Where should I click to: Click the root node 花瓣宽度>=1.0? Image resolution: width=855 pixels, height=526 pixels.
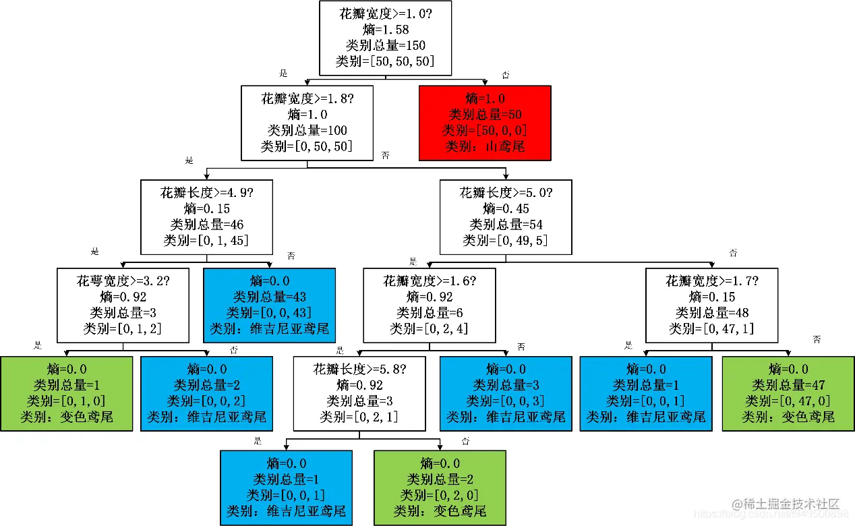coord(385,38)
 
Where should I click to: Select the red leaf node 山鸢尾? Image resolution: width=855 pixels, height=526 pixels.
coord(485,122)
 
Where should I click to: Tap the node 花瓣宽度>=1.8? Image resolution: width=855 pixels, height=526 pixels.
coord(307,122)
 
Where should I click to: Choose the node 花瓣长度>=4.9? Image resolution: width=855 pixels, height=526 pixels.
coord(206,216)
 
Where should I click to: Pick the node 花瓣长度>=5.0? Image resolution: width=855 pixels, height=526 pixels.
coord(506,216)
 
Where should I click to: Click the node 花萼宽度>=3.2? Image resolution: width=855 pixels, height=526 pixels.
coord(123,305)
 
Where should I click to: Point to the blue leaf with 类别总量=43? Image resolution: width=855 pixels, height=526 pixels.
coord(269,305)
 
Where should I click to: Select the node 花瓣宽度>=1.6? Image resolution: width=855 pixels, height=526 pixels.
coord(429,305)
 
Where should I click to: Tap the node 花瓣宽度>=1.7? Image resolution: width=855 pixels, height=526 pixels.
coord(711,305)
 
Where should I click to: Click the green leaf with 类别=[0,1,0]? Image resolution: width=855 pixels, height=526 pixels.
coord(66,393)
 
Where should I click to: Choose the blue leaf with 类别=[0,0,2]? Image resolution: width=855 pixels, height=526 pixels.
coord(206,393)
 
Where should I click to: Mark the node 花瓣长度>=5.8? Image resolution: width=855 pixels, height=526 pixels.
coord(359,393)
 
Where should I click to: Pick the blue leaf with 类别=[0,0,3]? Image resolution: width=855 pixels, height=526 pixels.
coord(506,393)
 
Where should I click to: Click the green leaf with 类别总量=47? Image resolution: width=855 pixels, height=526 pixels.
coord(788,393)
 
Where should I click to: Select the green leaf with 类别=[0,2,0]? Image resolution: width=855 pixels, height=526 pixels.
coord(440,488)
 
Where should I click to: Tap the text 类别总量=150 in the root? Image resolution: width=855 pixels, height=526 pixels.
coord(385,46)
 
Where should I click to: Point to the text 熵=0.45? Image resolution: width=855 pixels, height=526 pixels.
coord(506,208)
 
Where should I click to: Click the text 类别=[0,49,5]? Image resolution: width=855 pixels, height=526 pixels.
coord(506,241)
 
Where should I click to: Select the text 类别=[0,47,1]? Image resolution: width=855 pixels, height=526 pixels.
coord(711,329)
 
